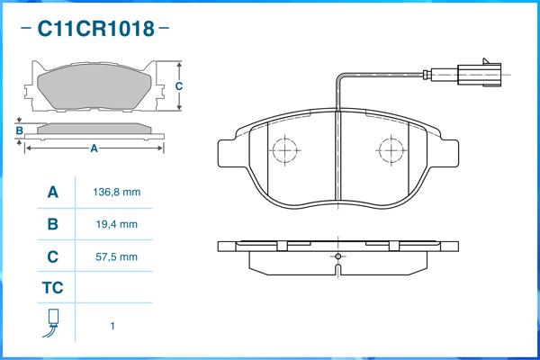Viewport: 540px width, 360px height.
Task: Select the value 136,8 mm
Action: pos(116,193)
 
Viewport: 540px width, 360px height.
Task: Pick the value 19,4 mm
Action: pos(116,224)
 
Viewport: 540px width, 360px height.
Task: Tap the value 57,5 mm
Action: pos(116,256)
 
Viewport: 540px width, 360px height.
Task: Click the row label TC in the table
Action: pos(52,289)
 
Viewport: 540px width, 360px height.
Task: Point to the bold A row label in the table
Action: pos(52,193)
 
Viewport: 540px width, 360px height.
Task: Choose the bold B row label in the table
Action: pos(52,224)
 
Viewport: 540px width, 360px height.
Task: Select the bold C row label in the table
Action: pos(52,256)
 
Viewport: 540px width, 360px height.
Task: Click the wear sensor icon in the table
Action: pos(52,324)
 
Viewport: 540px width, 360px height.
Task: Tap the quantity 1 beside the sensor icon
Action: pos(112,326)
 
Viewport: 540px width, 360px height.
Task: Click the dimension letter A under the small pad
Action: pos(94,149)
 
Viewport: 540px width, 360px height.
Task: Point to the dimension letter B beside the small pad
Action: pos(19,130)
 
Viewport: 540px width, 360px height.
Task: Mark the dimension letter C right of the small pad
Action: pos(179,86)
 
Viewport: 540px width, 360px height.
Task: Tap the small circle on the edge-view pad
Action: pos(337,256)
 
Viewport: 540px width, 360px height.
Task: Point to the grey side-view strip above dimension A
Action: pos(94,128)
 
